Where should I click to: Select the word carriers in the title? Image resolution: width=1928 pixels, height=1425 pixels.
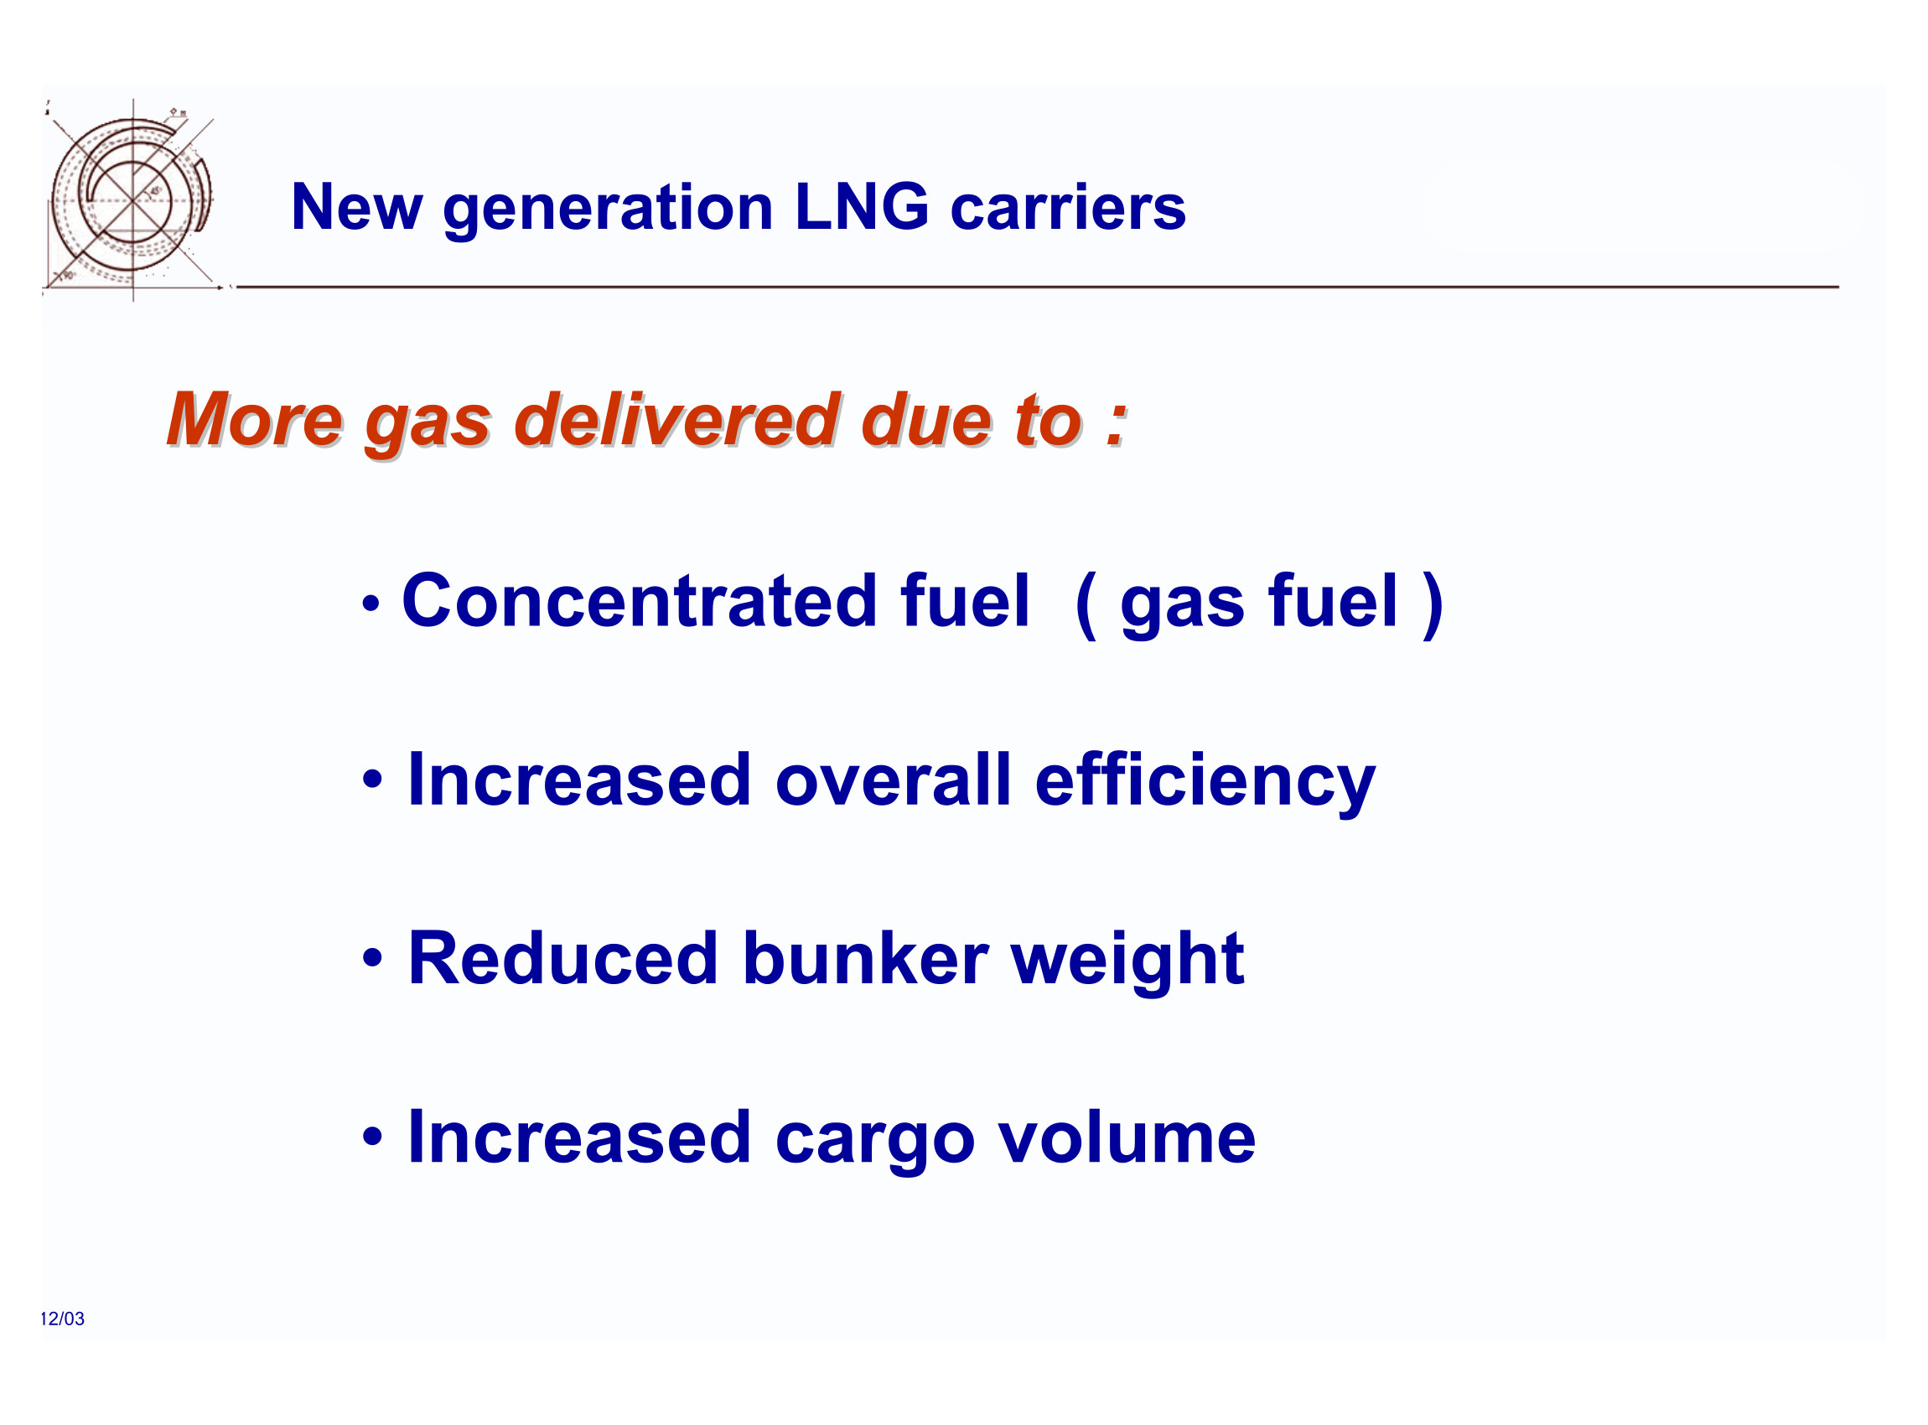[x=1068, y=209]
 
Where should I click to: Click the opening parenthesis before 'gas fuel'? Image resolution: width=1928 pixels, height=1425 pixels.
[x=1086, y=604]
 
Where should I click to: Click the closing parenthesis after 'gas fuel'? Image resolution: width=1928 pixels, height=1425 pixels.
[x=1433, y=604]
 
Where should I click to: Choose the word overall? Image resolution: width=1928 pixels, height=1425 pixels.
[x=894, y=780]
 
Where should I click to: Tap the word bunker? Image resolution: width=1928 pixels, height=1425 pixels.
[x=864, y=959]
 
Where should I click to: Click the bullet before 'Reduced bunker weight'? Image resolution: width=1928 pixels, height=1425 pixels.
[x=372, y=958]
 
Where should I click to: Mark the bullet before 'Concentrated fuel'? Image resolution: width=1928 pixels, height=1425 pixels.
[x=372, y=604]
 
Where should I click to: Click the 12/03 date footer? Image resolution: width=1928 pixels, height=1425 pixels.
[x=62, y=1318]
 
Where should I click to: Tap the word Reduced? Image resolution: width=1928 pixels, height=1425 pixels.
[x=562, y=959]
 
